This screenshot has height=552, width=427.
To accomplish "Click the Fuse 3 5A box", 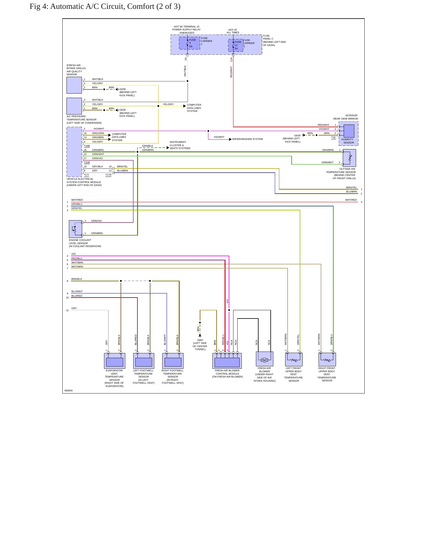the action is (189, 43).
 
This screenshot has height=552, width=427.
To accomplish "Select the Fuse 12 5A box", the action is (236, 45).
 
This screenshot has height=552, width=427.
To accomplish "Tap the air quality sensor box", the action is (74, 85).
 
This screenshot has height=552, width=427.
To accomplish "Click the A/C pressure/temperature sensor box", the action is (74, 106).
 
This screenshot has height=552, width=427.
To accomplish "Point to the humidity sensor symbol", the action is (349, 131).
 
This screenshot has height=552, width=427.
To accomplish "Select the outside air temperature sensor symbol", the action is (349, 158).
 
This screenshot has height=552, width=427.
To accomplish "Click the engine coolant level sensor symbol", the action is (75, 229).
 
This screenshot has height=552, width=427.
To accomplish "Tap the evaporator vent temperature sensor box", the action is (115, 361).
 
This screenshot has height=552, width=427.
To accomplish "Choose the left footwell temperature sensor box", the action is (144, 361).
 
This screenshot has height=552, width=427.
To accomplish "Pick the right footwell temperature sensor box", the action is (173, 361).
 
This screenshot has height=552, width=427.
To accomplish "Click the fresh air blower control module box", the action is (227, 361).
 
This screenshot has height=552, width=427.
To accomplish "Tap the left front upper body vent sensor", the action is (294, 359).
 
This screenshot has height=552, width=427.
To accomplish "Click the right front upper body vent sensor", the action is (327, 359).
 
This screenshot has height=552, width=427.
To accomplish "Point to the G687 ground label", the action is (200, 340).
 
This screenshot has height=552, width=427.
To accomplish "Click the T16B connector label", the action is (87, 146).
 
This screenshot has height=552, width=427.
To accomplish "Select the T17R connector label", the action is (108, 175).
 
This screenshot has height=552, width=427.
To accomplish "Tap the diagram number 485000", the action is (69, 391).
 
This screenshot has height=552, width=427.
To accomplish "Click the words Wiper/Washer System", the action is (248, 139).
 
